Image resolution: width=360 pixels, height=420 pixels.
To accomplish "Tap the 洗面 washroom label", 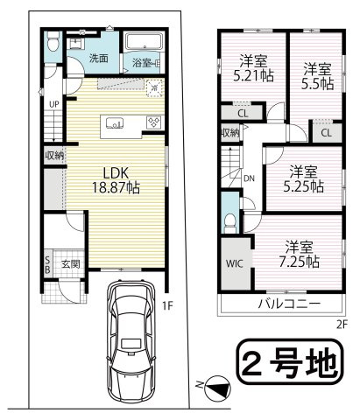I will pyautogui.click(x=99, y=59).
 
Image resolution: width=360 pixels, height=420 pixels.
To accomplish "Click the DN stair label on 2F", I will pyautogui.click(x=249, y=178).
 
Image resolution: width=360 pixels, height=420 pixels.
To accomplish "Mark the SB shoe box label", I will pyautogui.click(x=47, y=264).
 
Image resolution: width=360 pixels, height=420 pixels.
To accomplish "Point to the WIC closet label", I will pyautogui.click(x=236, y=263).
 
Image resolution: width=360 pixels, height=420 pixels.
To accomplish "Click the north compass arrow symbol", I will pyautogui.click(x=217, y=383).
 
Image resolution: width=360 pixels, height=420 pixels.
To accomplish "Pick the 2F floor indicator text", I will pyautogui.click(x=341, y=323).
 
